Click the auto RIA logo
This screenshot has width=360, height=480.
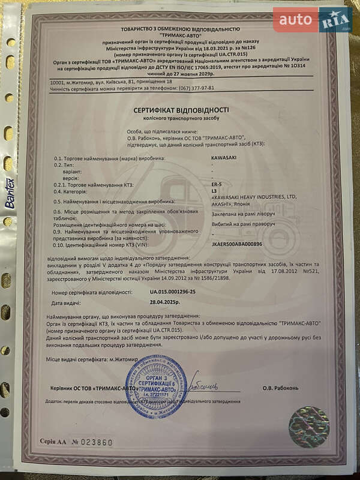pos(312,20)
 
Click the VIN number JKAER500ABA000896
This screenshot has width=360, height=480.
pos(238,244)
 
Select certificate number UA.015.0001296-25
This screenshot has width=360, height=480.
pos(173,292)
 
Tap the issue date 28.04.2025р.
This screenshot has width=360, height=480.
pos(164,302)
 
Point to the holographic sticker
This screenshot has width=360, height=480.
pos(308,427)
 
